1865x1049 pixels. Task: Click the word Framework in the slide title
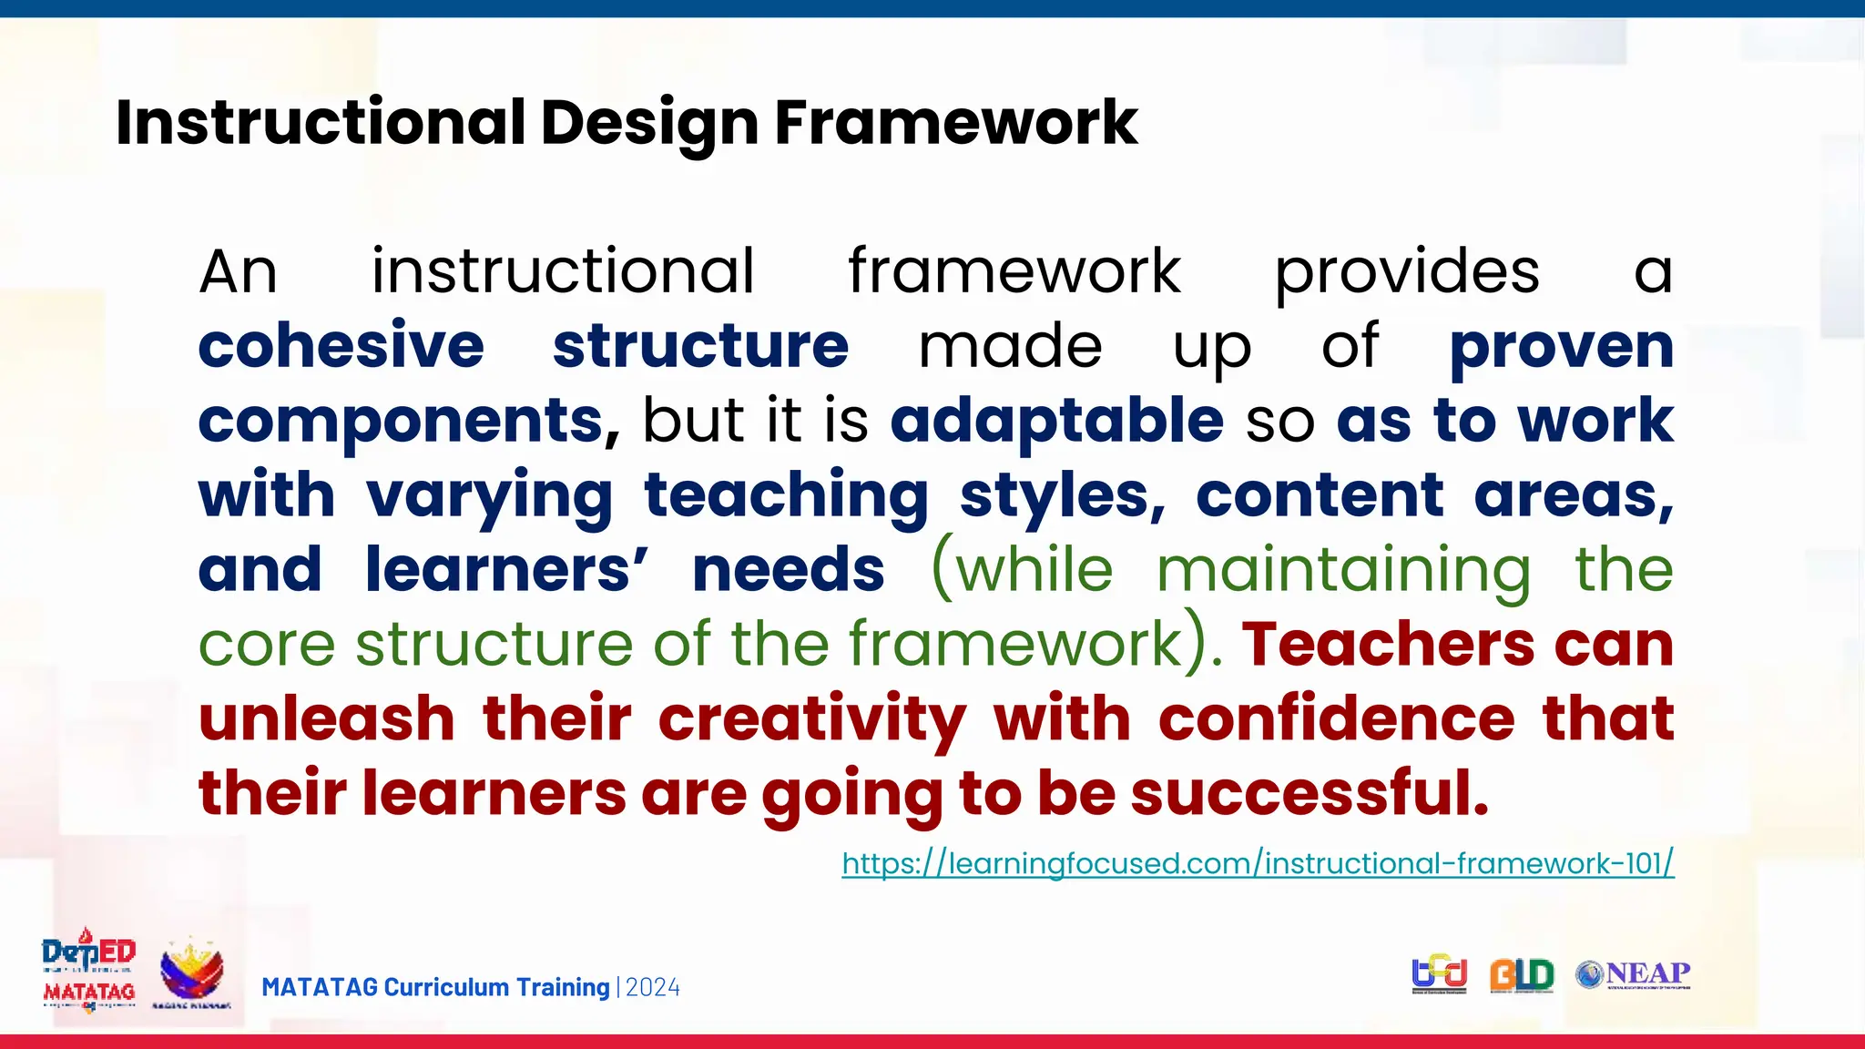pos(955,123)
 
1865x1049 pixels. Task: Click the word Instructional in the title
pos(321,123)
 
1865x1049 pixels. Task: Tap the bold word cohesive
pos(341,346)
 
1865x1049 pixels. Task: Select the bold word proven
pos(1561,348)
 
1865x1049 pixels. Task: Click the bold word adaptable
pos(1056,421)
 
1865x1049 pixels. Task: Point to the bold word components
pos(402,423)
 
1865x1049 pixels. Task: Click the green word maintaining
pos(1344,571)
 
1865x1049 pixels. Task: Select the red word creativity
pos(811,720)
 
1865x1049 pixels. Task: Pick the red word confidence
pos(1336,718)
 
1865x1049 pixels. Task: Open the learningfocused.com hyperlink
pos(1258,863)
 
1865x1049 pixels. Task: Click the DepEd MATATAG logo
pos(88,972)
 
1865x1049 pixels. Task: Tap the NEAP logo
pos(1633,974)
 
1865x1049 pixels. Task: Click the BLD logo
pos(1521,975)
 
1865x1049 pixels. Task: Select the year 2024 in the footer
pos(653,988)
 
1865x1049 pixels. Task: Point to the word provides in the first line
pos(1406,272)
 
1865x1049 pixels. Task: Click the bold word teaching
pos(786,496)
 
